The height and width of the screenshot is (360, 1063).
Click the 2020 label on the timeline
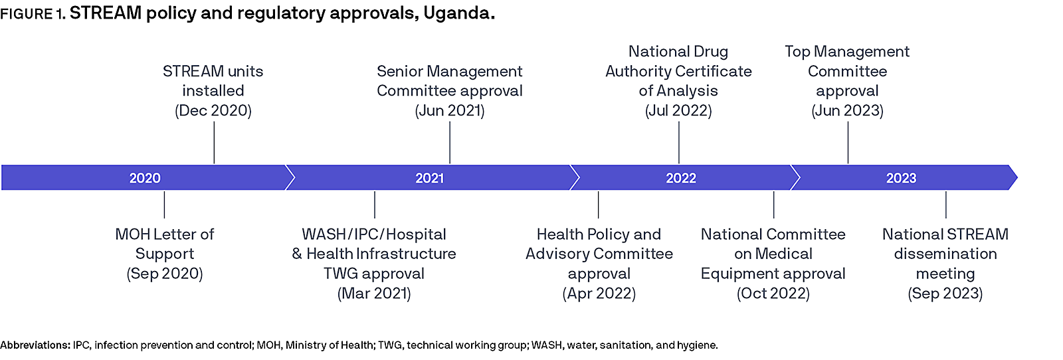point(145,178)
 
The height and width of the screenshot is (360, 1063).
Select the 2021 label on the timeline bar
point(429,178)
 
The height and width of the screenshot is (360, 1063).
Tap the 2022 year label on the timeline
point(681,178)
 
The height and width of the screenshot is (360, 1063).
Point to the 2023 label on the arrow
point(901,178)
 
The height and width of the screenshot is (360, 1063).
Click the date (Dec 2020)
point(213,111)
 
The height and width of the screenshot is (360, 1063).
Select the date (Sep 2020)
point(165,274)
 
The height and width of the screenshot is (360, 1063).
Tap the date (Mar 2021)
point(374,294)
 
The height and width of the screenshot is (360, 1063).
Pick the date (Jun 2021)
point(450,111)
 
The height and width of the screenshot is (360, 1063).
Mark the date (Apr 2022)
point(599,294)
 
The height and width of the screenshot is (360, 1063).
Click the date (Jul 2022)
point(678,111)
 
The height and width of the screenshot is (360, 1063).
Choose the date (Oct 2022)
point(773,294)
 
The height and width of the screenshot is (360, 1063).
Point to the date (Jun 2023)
point(847,111)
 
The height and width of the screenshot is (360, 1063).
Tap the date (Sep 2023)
point(945,294)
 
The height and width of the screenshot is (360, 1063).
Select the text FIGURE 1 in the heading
point(32,15)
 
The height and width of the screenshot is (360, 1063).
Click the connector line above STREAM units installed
point(214,142)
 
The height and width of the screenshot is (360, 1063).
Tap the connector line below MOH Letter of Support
point(164,205)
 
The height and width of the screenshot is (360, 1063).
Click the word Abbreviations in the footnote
point(35,345)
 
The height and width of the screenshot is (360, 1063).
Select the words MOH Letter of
point(165,234)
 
